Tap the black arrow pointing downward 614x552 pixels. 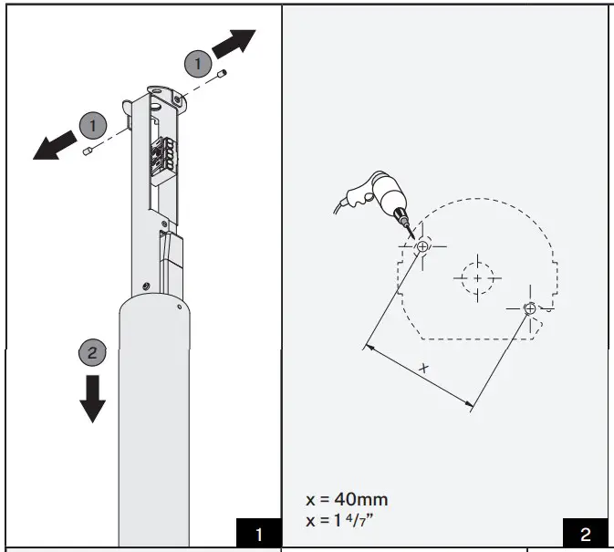click(x=91, y=397)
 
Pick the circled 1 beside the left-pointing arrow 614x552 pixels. click(x=93, y=123)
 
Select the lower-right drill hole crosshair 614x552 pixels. click(x=530, y=309)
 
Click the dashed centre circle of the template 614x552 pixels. click(x=477, y=277)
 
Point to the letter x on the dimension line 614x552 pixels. click(x=423, y=368)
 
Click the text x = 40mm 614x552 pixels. click(x=347, y=499)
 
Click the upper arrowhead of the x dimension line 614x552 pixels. click(x=368, y=346)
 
